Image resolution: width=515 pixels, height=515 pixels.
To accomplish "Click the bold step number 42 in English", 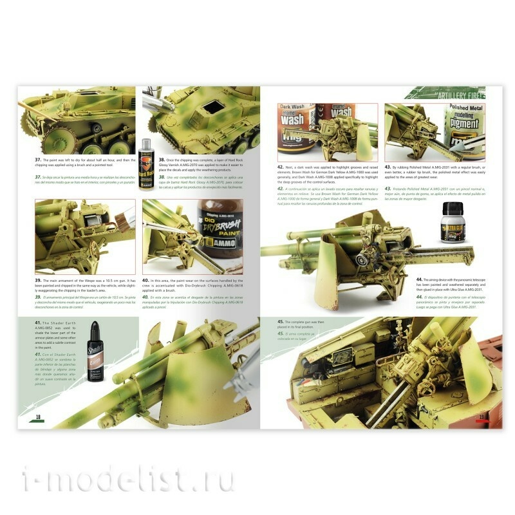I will [281, 166].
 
